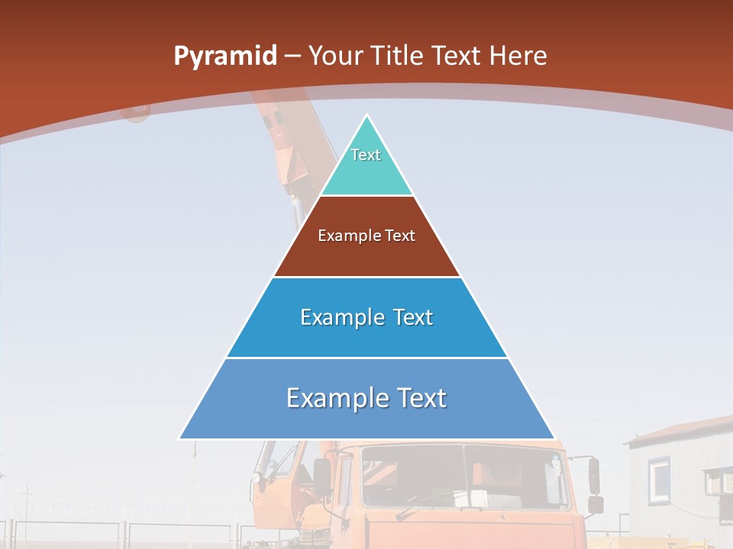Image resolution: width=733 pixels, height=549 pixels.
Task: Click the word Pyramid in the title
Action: tap(224, 56)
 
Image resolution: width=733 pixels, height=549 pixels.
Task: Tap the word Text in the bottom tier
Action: tap(420, 398)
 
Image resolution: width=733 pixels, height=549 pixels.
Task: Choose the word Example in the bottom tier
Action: tap(338, 398)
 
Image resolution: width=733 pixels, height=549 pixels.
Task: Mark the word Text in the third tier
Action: tap(414, 317)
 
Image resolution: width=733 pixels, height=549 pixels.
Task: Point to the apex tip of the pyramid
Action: tap(366, 117)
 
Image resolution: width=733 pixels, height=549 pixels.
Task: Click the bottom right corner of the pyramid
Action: tap(553, 438)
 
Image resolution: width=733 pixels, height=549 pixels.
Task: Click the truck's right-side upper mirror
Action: tap(593, 475)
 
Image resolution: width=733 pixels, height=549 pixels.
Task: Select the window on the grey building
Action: tap(659, 477)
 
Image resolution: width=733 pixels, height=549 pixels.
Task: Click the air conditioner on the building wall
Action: tap(716, 481)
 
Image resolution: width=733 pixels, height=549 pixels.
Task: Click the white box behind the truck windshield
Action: tap(480, 499)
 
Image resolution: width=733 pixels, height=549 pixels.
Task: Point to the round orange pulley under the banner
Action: tap(136, 113)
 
